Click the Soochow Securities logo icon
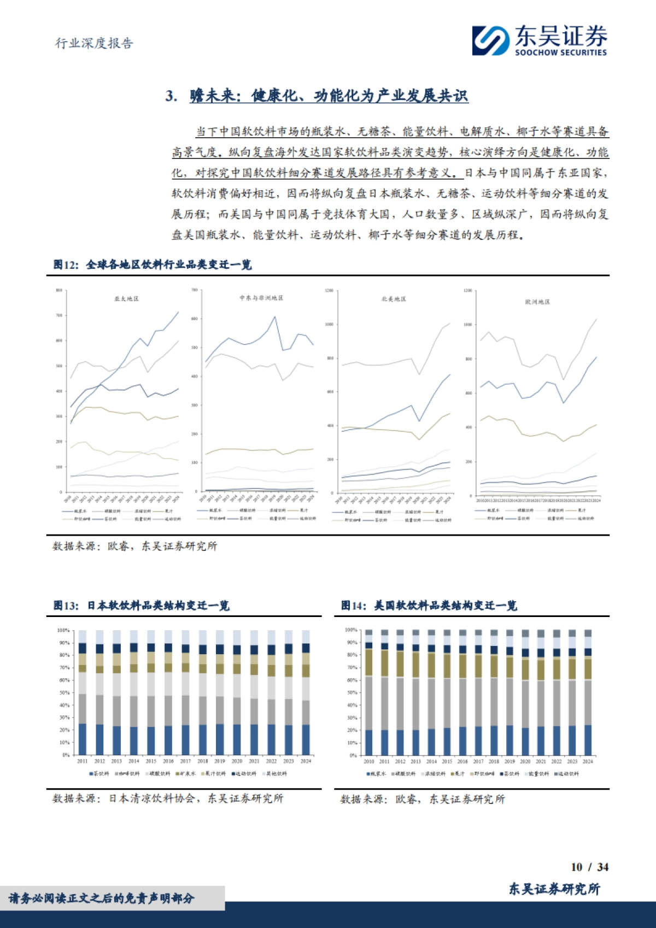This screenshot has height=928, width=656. coord(491,40)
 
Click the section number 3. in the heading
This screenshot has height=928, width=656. coord(171,96)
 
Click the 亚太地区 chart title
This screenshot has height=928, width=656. coord(126,298)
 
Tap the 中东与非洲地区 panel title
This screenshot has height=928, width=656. coord(261,298)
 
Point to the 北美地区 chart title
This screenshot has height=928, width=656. coord(394,299)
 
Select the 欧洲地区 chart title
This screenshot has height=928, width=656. coord(537,302)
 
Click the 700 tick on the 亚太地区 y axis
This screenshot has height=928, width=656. coord(59,315)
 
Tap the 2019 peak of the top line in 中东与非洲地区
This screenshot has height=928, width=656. coord(275,317)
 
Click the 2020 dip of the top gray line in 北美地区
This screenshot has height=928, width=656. coord(419,374)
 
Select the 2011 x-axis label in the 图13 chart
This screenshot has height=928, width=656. coord(83,761)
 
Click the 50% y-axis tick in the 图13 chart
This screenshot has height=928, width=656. coord(63,692)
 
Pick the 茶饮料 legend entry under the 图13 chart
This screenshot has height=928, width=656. coord(99,774)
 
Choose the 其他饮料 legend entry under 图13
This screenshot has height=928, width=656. coord(275,774)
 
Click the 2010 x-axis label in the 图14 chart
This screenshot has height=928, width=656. coord(369,761)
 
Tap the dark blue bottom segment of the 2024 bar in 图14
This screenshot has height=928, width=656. coord(588,740)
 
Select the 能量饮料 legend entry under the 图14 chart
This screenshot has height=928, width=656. coord(537,774)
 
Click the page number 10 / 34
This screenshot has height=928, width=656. coord(589,867)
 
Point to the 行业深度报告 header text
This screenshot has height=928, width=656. coord(94,43)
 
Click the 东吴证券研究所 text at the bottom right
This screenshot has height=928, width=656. coord(554,889)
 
